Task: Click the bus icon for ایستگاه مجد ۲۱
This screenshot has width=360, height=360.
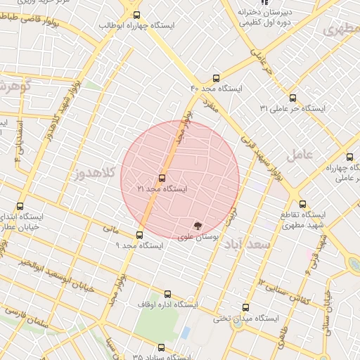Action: [x=162, y=178]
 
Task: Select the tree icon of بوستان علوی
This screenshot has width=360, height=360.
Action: [x=198, y=226]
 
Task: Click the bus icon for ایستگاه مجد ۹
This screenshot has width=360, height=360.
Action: [x=139, y=235]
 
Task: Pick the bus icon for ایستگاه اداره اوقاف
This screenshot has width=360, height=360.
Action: [x=167, y=294]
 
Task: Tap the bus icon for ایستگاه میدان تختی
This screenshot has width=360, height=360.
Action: [x=245, y=307]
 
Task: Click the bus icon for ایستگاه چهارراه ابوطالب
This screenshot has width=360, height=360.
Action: [x=136, y=14]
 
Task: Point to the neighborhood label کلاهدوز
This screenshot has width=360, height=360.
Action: [x=96, y=172]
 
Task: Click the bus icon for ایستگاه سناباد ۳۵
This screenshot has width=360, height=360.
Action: [x=162, y=347]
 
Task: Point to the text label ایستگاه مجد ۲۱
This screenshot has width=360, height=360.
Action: [x=162, y=190]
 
